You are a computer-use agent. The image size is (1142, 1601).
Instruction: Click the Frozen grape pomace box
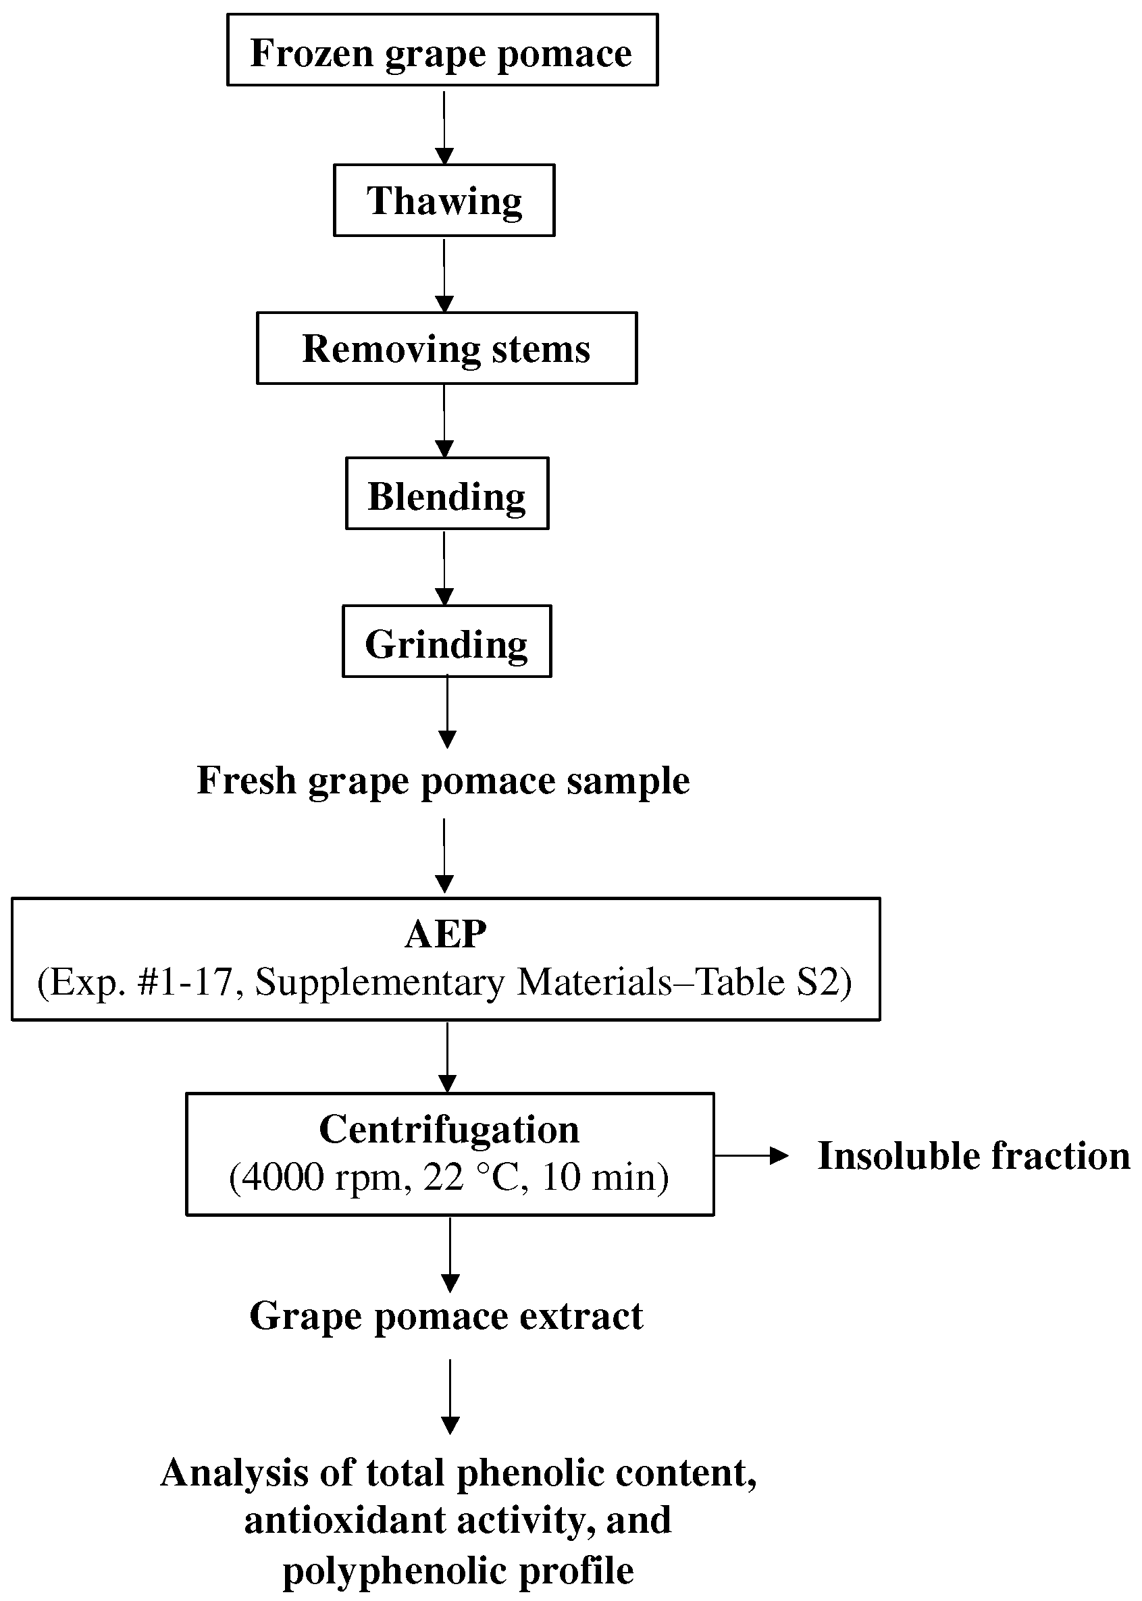point(442,51)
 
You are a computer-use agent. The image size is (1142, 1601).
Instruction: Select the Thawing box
point(444,201)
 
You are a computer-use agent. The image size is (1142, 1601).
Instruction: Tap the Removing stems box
point(446,348)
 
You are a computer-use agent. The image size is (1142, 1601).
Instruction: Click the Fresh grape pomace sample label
point(443,781)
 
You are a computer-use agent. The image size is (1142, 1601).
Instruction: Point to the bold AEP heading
point(445,935)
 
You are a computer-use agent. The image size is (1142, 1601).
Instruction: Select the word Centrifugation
point(448,1130)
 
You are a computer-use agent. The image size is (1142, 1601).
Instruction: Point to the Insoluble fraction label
point(974,1156)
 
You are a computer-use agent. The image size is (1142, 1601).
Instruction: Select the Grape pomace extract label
point(446,1315)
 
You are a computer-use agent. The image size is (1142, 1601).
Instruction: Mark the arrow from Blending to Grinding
point(444,568)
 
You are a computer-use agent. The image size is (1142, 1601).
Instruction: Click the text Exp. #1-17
point(141,982)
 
